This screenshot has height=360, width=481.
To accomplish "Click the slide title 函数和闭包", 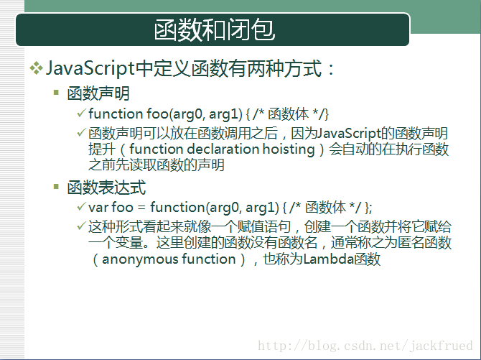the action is (214, 29).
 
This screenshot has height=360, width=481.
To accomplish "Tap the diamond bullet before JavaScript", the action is (36, 68).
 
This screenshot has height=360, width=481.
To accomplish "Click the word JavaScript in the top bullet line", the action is (90, 68).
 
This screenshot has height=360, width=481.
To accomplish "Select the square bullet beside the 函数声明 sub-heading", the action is (56, 92).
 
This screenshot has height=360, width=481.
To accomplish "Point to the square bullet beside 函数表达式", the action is (56, 186).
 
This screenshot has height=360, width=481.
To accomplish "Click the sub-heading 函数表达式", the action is (106, 188).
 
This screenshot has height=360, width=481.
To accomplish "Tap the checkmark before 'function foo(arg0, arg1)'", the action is (81, 113).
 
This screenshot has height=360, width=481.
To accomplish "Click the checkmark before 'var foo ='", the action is (81, 206).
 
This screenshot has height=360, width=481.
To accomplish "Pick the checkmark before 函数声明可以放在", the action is (81, 132).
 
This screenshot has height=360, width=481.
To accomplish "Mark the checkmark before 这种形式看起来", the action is (81, 226).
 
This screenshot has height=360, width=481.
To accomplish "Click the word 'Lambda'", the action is (329, 259).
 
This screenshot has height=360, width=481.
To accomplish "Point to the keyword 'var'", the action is (98, 208).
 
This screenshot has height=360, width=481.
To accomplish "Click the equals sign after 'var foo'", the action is (141, 208).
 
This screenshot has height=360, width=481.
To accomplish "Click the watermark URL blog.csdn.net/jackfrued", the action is (365, 346).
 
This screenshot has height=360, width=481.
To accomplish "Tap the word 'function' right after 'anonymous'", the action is (209, 259).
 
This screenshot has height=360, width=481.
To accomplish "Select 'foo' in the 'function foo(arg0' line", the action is (157, 114).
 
